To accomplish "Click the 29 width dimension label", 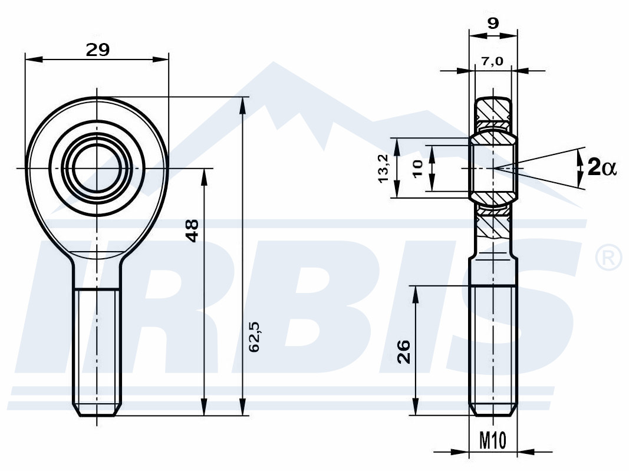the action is pos(97,50).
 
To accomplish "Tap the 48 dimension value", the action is pos(192,230).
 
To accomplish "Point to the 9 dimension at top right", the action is pos(493,24).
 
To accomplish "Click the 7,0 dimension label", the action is pos(492,61).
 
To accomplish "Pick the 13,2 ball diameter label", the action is pos(384,168).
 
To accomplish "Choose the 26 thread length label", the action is pos(404,351).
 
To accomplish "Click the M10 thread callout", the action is pos(493,440).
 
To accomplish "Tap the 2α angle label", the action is pos(601,167).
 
